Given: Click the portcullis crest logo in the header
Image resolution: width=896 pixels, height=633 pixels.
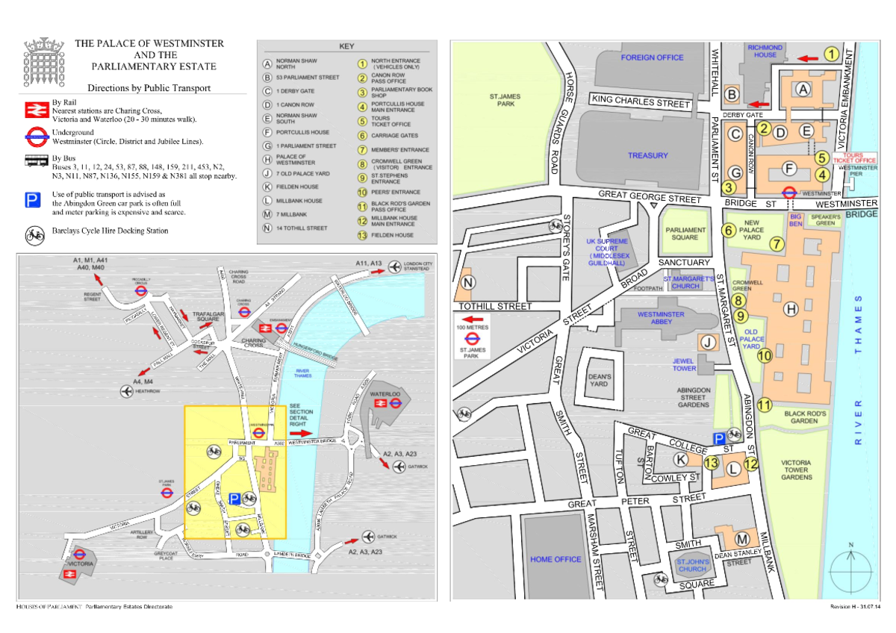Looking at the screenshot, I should pos(36,54).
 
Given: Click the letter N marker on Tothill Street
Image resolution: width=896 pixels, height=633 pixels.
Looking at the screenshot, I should pos(468,282).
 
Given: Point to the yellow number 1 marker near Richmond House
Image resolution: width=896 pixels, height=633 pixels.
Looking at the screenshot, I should pos(830,54).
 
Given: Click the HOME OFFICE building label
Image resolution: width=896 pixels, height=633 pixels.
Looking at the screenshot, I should pos(556,559).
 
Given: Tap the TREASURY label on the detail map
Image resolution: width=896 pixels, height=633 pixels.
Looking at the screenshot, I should pos(647,155).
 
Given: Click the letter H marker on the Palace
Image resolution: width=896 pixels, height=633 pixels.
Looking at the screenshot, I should pos(790,308).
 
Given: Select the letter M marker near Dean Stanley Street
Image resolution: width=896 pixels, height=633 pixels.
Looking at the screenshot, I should pos(741,538).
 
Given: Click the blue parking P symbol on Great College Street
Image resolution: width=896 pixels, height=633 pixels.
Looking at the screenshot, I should pos(718,440).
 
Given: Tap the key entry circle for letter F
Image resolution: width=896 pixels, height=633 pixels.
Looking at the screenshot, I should pos(267,132).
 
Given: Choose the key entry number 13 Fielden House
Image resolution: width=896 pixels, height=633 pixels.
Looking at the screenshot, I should pos(362,235).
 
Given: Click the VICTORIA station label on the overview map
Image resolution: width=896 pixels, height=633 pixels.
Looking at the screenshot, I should pos(79,564).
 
